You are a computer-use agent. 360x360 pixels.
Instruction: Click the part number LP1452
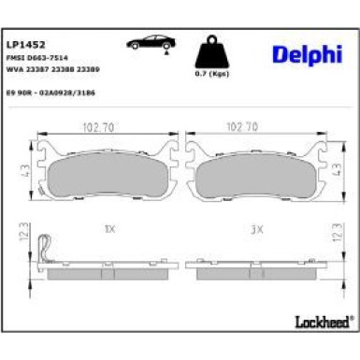coord(22,43)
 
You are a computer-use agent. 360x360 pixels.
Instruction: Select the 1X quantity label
coord(109,227)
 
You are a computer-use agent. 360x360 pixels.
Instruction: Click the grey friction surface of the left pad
coord(109,176)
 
